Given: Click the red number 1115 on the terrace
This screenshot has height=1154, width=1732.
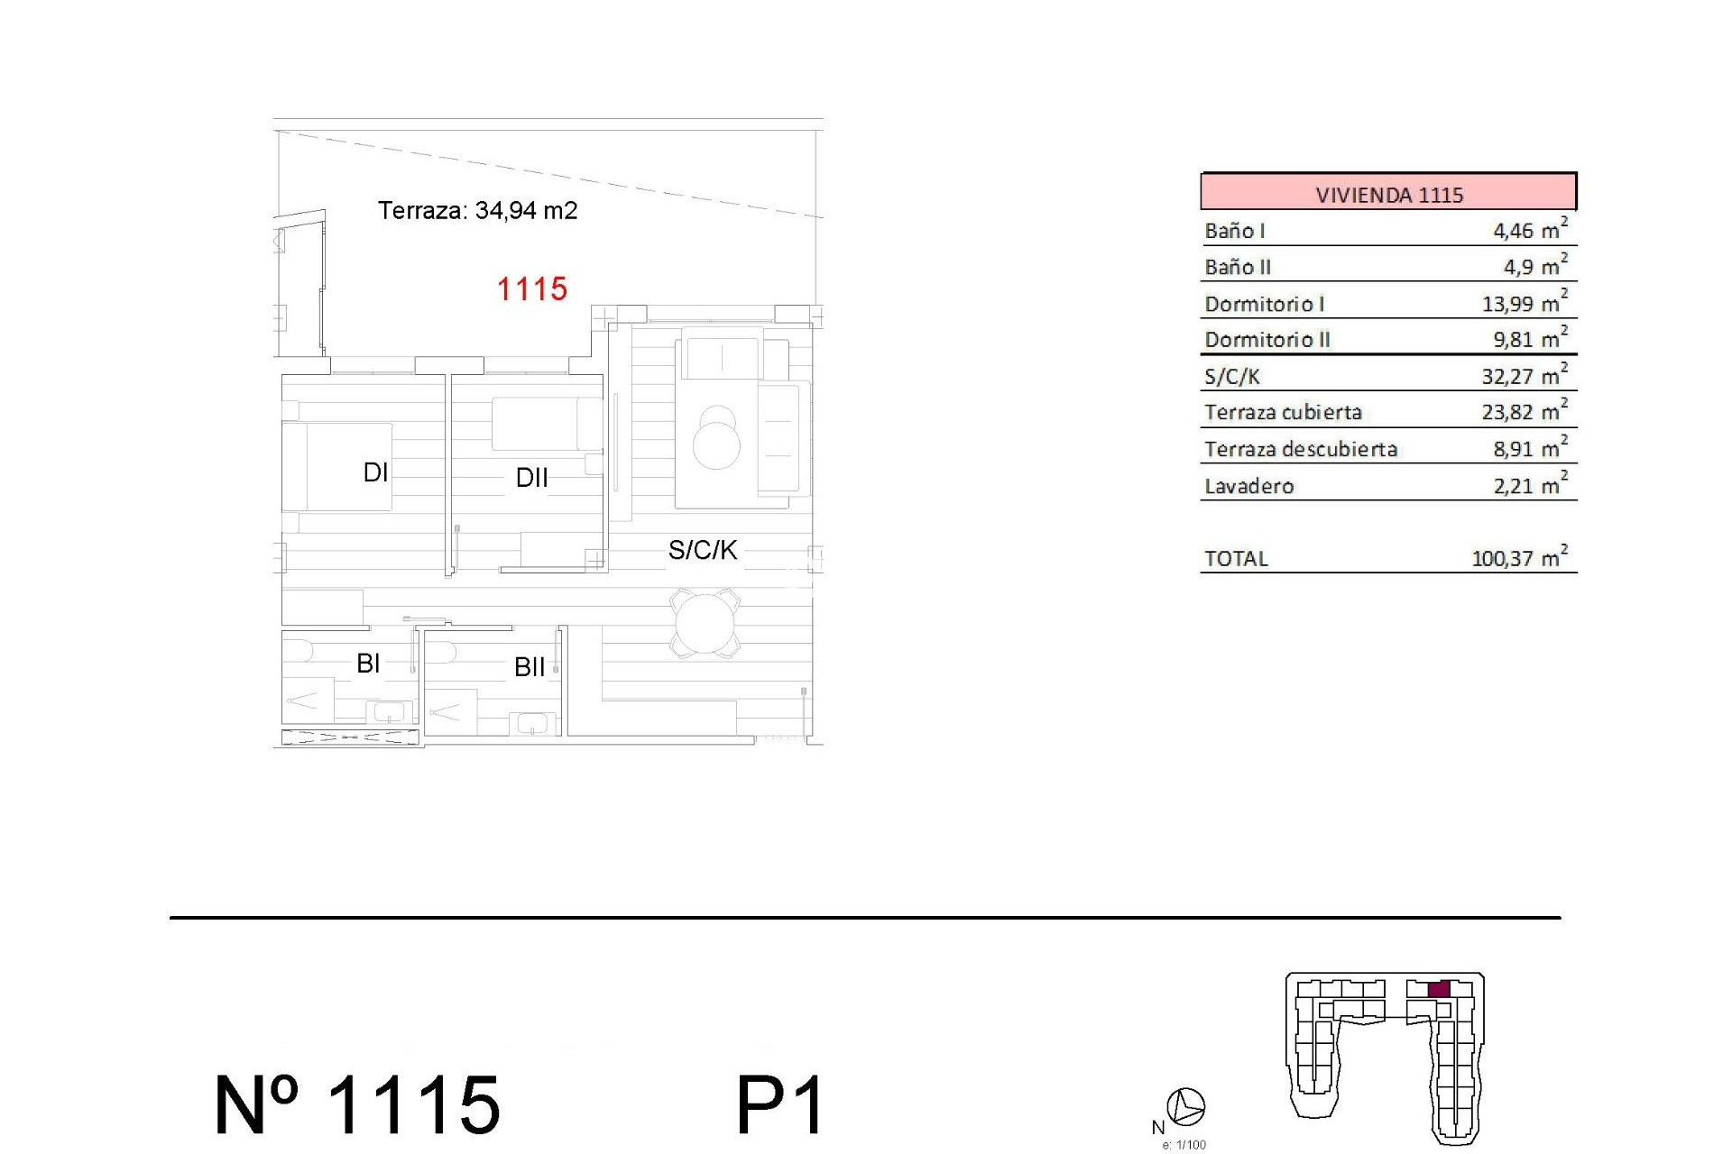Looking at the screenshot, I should (532, 289).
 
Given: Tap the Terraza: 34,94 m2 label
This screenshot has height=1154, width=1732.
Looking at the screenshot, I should (477, 210).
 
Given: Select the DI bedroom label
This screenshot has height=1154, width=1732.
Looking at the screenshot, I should (375, 472).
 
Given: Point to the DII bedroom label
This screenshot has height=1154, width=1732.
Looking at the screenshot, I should (531, 478).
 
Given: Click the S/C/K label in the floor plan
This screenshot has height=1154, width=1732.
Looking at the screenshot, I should (702, 550).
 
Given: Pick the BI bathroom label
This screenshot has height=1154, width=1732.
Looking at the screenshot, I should (368, 664).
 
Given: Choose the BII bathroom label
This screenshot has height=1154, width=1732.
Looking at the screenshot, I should (530, 667).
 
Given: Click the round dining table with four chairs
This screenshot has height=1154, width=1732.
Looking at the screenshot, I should (705, 623).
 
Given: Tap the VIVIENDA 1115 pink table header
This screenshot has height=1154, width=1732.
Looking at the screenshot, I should (1387, 194).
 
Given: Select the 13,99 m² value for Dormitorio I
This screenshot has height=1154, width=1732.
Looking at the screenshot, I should (1524, 303).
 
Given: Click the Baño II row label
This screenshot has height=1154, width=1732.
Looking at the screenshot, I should (1238, 267).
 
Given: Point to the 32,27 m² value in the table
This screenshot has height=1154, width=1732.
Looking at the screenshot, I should (1524, 376).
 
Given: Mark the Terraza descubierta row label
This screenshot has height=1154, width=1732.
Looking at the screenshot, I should (1300, 449).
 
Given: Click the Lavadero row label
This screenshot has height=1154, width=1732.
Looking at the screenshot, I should (1248, 486).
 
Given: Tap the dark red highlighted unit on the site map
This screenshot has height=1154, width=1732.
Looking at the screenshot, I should (1439, 989).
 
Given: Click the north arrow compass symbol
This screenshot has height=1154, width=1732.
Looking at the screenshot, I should (1185, 1106).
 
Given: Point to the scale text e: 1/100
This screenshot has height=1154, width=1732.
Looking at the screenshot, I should (1184, 1145).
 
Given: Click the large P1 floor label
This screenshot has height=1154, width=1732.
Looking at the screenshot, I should (780, 1105).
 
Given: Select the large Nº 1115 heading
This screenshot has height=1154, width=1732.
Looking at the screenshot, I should (357, 1105).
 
